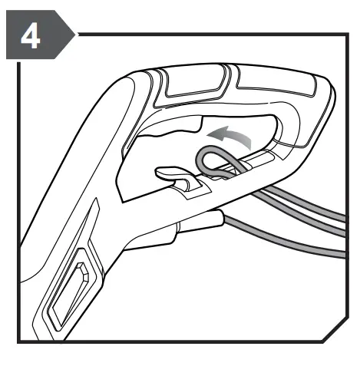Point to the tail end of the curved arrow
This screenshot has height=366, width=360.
tap(249, 145)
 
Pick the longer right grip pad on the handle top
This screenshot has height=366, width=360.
tap(276, 81)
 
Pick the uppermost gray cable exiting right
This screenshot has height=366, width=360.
tap(307, 202)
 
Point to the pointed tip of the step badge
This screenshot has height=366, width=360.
tap(75, 35)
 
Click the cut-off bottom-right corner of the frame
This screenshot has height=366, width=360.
tap(335, 330)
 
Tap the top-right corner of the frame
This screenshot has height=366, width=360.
tap(347, 35)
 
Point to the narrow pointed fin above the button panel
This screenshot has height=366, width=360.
tap(94, 213)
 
